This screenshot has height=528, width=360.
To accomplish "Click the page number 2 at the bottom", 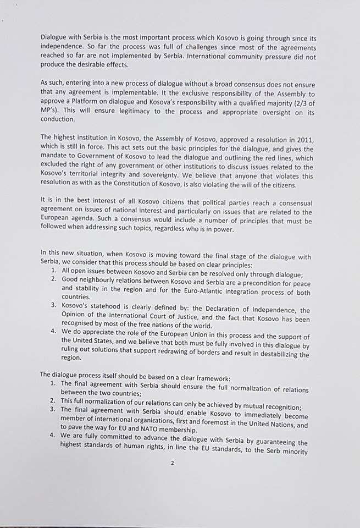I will coord(172,464).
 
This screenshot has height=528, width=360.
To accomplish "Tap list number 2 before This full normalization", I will coord(53,400).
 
